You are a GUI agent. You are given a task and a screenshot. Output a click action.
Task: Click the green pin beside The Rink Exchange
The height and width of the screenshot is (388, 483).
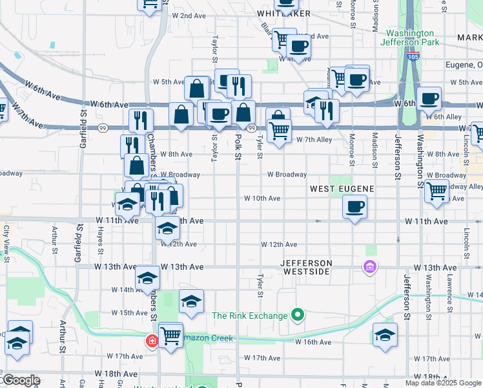(x=297, y=316)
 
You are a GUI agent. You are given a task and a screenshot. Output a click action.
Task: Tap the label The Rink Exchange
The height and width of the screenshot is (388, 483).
(x=250, y=316)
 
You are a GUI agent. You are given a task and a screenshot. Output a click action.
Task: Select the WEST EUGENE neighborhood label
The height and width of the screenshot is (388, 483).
(x=342, y=188)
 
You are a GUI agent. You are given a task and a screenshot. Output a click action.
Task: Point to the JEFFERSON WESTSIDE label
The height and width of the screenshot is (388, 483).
(x=306, y=268)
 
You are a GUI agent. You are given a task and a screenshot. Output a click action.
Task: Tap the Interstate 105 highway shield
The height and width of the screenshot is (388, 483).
(x=413, y=58)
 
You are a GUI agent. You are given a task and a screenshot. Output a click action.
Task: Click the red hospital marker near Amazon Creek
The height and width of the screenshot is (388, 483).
(x=152, y=340)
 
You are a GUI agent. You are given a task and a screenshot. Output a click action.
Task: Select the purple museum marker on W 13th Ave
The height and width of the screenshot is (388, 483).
(x=369, y=266)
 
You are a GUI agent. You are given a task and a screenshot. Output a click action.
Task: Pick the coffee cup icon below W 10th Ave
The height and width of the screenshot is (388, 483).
(x=355, y=208)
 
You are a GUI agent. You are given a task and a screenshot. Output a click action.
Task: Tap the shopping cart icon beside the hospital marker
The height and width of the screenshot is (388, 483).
(x=170, y=335)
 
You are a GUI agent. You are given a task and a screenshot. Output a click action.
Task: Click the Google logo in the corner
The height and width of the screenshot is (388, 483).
(x=21, y=380)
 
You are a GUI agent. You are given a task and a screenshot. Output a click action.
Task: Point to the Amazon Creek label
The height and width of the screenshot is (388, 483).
(x=207, y=338)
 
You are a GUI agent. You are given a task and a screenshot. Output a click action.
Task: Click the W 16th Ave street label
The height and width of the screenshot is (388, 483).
(x=314, y=342)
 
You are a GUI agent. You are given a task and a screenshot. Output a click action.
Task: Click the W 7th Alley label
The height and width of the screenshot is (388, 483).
(x=314, y=140)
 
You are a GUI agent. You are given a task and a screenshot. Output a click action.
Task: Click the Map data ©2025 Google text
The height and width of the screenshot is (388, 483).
(x=444, y=383)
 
